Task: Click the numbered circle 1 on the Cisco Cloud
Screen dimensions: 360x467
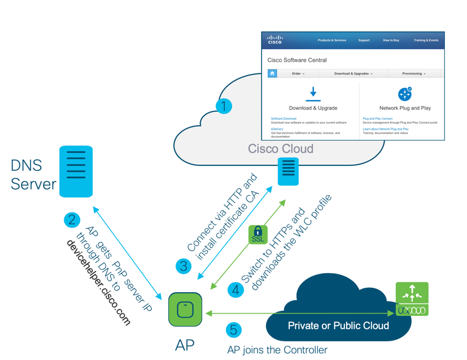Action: (x=224, y=106)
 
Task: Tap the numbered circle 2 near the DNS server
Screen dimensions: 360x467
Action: (x=72, y=219)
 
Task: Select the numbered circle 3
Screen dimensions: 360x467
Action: (x=183, y=266)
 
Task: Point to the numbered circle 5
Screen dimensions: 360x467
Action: (x=234, y=330)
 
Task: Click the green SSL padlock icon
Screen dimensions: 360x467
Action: (x=258, y=234)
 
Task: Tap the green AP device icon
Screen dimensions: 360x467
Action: (x=185, y=309)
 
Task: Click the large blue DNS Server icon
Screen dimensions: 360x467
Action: (x=76, y=171)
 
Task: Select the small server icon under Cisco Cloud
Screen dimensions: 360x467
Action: (x=288, y=171)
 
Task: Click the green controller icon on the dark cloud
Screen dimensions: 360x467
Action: (x=412, y=298)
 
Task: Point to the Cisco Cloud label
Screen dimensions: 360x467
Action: (x=281, y=149)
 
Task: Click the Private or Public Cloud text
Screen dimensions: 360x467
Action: (x=338, y=326)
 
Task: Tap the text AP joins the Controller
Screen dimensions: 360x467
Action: (x=277, y=350)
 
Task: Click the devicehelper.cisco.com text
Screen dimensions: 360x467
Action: (x=99, y=283)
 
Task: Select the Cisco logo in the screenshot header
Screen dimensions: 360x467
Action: (x=274, y=40)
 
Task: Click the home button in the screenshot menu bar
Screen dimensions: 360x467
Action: (x=272, y=73)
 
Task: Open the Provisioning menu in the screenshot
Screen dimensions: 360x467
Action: (x=414, y=73)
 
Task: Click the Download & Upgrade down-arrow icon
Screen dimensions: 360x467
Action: (x=313, y=94)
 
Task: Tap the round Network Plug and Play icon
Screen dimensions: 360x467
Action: (x=405, y=94)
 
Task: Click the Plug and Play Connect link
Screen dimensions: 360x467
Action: (x=378, y=118)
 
